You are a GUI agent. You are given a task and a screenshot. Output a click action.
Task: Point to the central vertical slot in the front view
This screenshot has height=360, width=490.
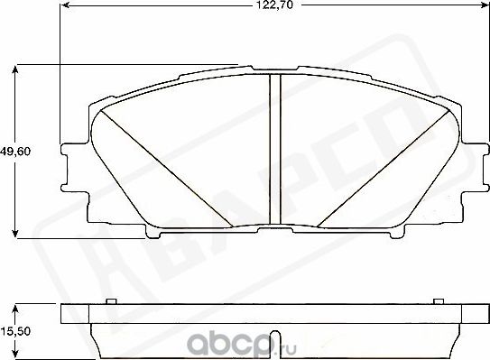click(x=276, y=149)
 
